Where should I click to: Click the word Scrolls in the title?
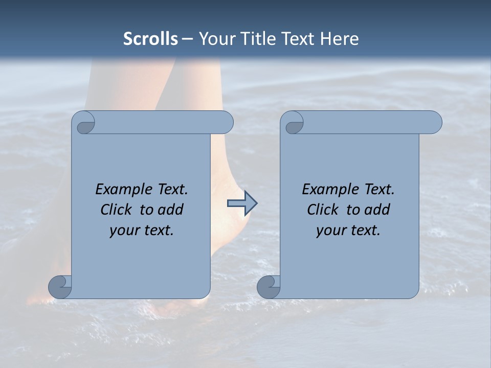[x=150, y=39]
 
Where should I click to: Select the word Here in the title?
[x=339, y=39]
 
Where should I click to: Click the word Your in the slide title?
[x=216, y=39]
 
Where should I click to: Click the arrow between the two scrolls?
[x=242, y=203]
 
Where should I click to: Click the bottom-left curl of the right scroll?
[x=269, y=287]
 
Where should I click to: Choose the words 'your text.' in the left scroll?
[x=141, y=230]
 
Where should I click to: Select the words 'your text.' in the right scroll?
[x=348, y=230]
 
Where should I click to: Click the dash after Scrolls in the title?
[x=187, y=39]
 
